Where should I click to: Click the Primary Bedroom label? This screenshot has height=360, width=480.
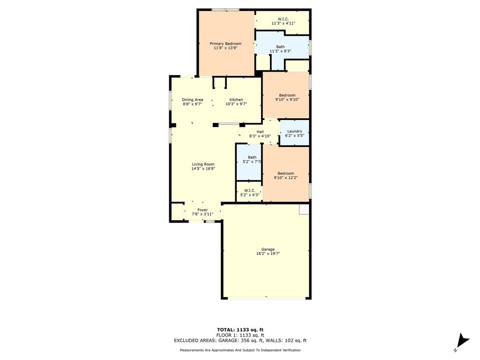(225, 44)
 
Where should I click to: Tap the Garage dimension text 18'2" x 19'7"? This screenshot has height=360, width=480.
(268, 254)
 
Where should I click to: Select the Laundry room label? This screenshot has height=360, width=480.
(294, 131)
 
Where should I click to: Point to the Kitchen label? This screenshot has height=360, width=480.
(236, 99)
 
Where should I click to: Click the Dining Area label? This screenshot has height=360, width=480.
(192, 99)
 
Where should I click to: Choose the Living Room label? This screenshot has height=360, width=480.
(203, 164)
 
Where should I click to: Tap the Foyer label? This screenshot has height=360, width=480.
(202, 210)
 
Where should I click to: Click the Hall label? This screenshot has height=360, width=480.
(260, 132)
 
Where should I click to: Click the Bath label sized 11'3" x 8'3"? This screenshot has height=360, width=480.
(280, 46)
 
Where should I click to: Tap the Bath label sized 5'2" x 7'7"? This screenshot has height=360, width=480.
(252, 157)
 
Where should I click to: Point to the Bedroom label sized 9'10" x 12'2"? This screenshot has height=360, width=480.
(285, 173)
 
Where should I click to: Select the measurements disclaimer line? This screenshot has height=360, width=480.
(240, 350)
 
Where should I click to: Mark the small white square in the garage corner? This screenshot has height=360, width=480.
(304, 209)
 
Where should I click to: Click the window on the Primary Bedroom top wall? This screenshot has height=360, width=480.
(225, 9)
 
